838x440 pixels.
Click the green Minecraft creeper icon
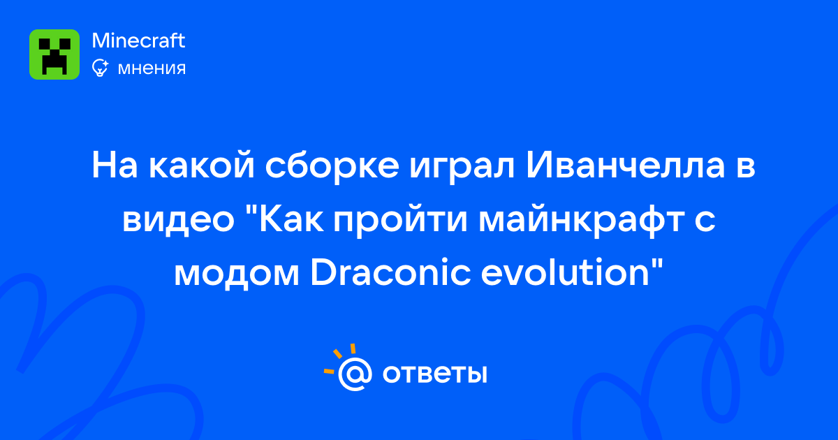[54, 54]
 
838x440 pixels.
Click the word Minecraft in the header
[138, 41]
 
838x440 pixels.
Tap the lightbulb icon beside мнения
[101, 68]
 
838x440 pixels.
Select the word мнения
[152, 68]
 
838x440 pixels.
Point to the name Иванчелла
[626, 166]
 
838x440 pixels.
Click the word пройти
[400, 220]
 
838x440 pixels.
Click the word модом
[237, 275]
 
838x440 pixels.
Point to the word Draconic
[390, 272]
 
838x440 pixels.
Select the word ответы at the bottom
[434, 374]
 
